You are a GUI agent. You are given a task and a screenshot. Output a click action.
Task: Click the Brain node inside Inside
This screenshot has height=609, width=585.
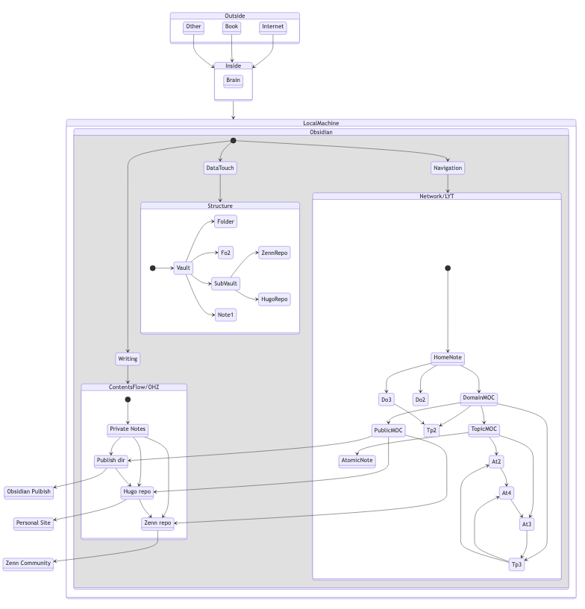click(x=234, y=81)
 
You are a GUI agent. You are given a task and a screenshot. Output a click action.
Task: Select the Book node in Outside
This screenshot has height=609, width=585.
click(x=231, y=27)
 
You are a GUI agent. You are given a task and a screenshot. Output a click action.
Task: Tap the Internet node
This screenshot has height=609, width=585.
click(x=273, y=27)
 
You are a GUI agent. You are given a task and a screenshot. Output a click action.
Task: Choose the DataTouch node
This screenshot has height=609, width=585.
click(x=220, y=168)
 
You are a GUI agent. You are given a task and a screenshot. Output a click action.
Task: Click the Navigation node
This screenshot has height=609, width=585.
click(x=448, y=168)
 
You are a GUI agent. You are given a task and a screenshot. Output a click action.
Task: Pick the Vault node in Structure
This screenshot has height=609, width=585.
click(x=184, y=268)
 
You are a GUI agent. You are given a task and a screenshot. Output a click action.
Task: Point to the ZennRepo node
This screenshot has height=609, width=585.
click(x=274, y=253)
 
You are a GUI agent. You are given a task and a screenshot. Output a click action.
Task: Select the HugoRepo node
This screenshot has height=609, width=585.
click(x=274, y=299)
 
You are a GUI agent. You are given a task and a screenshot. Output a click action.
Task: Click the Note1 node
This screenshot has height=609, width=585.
click(x=226, y=315)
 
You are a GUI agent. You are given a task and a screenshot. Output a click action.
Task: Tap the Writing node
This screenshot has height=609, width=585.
click(x=128, y=359)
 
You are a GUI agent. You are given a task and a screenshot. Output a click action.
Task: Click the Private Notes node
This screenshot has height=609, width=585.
click(x=128, y=429)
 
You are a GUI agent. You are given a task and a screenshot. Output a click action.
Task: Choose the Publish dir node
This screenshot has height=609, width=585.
click(x=111, y=461)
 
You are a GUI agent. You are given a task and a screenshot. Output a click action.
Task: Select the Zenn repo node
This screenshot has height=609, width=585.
click(x=157, y=523)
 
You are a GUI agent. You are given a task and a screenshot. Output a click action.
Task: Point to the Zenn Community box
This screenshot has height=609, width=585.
click(x=28, y=564)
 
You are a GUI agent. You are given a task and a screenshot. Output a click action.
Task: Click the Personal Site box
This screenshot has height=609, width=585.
click(x=34, y=523)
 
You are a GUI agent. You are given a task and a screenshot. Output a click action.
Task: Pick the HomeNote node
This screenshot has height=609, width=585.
click(x=448, y=358)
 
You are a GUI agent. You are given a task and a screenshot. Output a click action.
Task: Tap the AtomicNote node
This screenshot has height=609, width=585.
click(x=357, y=461)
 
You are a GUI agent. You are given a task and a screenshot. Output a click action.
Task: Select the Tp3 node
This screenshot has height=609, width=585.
click(x=516, y=564)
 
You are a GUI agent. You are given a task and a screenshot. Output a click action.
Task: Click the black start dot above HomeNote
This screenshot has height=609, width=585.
click(x=448, y=268)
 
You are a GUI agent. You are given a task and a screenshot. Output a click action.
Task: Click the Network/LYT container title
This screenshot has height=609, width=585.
click(x=437, y=196)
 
